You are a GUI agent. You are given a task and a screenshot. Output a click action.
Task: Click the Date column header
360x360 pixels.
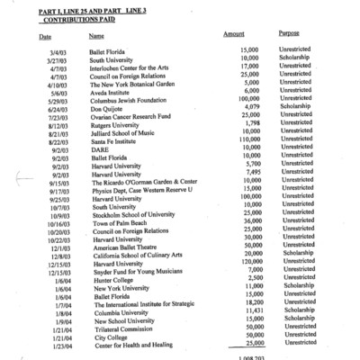[45, 37]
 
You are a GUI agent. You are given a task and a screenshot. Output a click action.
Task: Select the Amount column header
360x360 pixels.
[233, 33]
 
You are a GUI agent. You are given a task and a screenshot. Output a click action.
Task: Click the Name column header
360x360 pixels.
[96, 36]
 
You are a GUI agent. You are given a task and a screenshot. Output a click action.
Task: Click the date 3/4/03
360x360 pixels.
[56, 52]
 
